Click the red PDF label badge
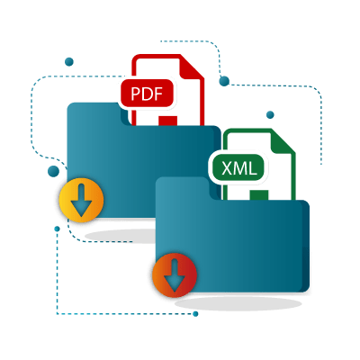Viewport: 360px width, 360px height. point(147,94)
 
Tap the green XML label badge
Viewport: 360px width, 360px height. point(238,167)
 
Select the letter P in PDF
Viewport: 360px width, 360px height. point(136,94)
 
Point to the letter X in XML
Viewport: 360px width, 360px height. point(228,168)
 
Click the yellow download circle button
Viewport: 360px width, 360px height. point(82,200)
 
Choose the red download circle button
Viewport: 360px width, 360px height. point(175,275)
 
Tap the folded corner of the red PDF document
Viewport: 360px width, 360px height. point(191,67)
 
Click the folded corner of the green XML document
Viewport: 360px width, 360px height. point(283,142)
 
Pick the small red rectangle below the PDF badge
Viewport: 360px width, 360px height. point(168,121)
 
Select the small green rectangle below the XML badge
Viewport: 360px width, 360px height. point(259,195)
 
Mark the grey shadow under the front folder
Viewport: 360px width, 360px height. point(238,303)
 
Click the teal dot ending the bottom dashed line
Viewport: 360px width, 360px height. point(195,314)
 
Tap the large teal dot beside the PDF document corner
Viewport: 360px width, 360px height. point(224,81)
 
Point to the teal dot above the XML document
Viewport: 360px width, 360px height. point(270,114)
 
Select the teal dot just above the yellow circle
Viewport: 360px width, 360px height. point(53,171)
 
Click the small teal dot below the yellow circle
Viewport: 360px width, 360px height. point(57,229)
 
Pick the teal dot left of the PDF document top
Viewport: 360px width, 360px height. point(69,62)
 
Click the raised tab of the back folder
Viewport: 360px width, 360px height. point(94,114)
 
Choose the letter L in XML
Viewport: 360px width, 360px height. point(254,168)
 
